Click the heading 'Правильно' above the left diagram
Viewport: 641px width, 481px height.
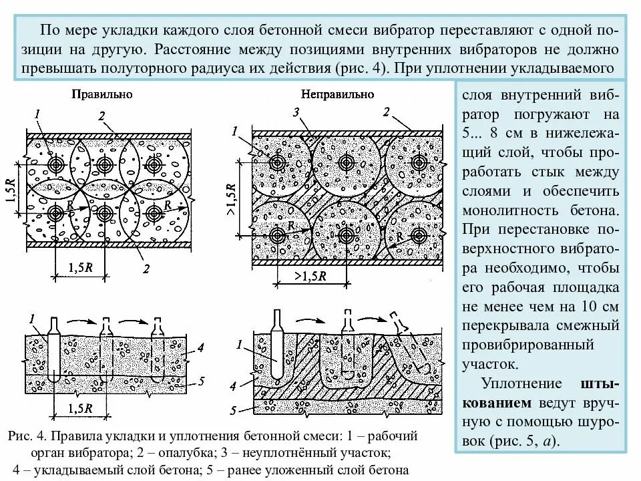pyautogui.click(x=102, y=94)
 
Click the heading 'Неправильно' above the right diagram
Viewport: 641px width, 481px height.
pyautogui.click(x=338, y=94)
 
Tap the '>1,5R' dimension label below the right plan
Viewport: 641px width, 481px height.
pyautogui.click(x=310, y=275)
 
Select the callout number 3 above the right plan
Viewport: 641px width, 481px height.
pyautogui.click(x=294, y=113)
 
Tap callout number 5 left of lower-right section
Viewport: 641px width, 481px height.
pyautogui.click(x=233, y=410)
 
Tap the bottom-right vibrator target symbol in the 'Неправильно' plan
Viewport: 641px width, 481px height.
pyautogui.click(x=419, y=235)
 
